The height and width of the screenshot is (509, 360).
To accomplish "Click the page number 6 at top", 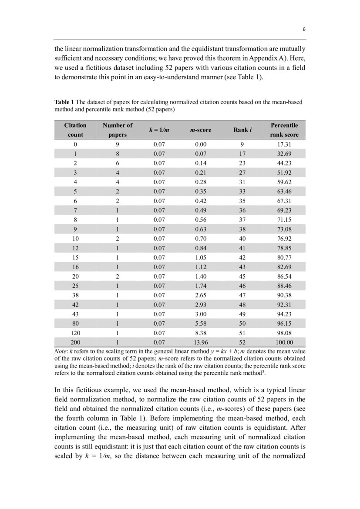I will tap(304, 30).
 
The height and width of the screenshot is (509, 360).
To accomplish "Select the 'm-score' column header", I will tap(201, 130).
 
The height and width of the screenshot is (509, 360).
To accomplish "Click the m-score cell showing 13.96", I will tap(201, 342).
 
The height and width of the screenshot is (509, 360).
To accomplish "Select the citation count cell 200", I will tap(75, 342).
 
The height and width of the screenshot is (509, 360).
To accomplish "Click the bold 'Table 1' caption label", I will tap(64, 102).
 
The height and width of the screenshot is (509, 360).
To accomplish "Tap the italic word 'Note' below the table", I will tap(61, 351).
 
